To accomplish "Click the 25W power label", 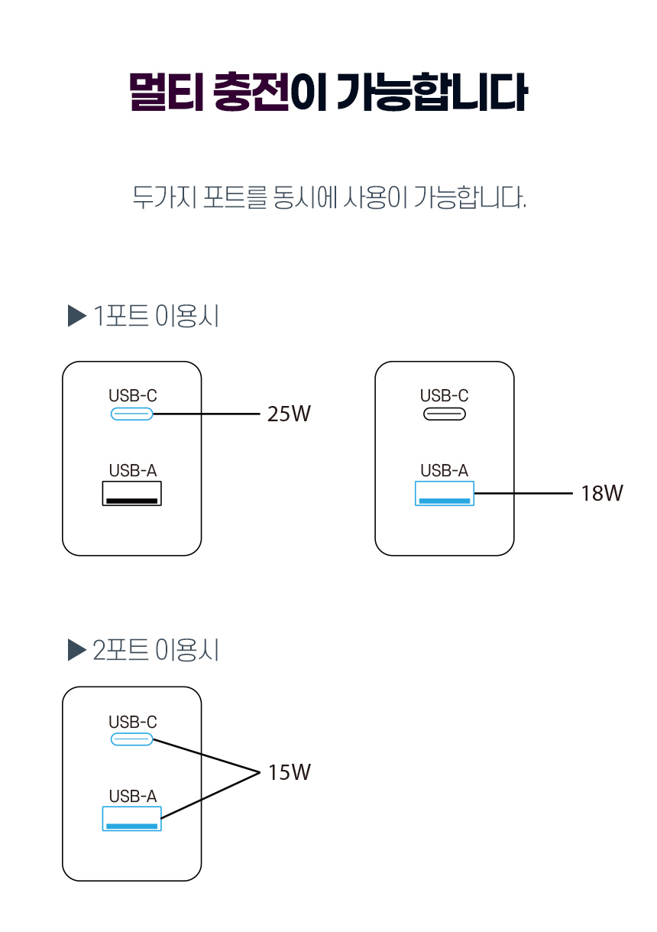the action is (289, 414).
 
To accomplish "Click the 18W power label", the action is (601, 494).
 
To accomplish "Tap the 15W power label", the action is (289, 773).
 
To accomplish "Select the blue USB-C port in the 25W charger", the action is (132, 414).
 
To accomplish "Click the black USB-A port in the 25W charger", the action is (132, 494).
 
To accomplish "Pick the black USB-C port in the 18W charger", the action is (444, 414).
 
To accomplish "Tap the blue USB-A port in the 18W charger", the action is (444, 494).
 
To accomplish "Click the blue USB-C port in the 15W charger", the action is (132, 739).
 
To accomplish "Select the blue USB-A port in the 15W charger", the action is (132, 819).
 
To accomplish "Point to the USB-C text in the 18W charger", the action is (444, 396).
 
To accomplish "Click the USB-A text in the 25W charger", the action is (132, 471).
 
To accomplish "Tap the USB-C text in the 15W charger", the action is (132, 722).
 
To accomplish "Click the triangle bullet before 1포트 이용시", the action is (76, 316).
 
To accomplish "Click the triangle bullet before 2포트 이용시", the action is (76, 651).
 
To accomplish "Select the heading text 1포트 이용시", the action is (156, 316).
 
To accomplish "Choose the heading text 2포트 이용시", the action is (156, 651).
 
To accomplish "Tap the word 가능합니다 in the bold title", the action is (432, 93).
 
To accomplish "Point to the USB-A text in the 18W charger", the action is (444, 471).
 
